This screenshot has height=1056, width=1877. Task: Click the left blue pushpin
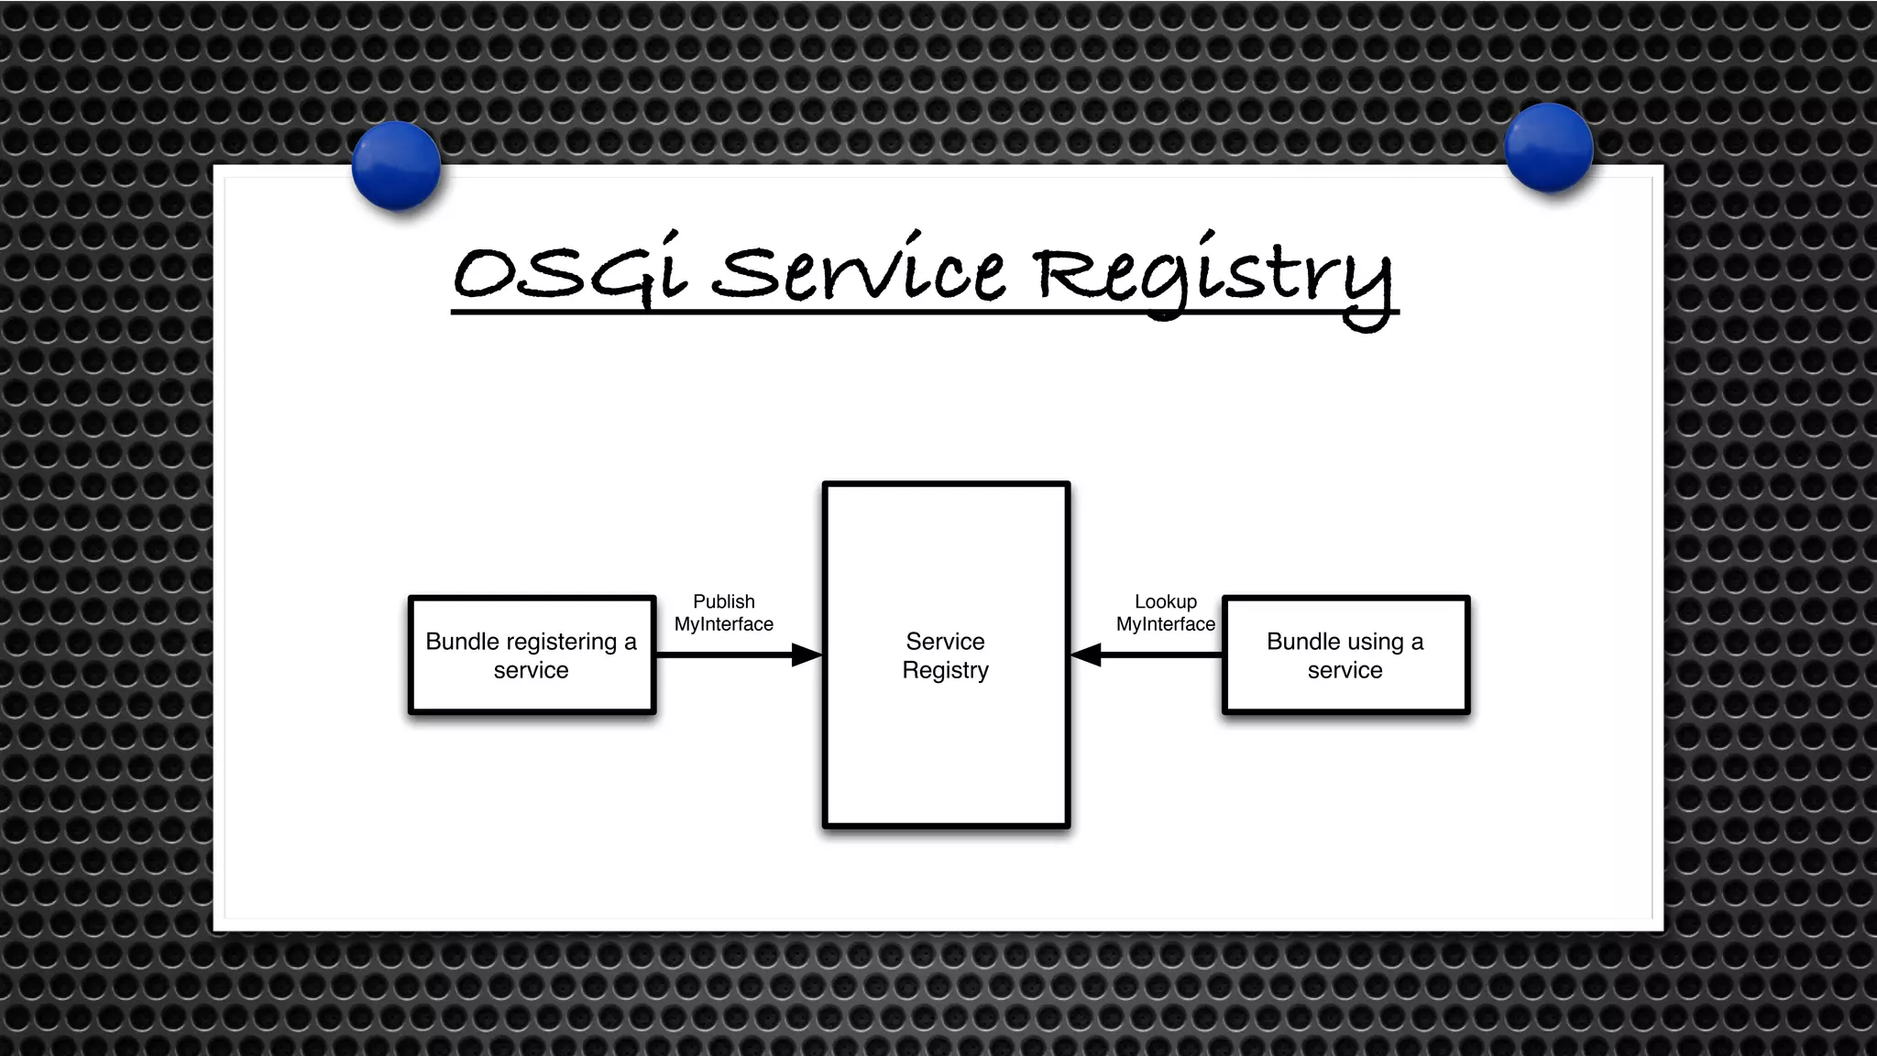point(396,165)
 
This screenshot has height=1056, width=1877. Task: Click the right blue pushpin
point(1549,147)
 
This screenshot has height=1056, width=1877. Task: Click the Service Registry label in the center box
point(945,655)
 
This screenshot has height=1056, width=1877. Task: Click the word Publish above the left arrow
point(723,601)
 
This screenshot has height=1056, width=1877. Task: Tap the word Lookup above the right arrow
point(1165,601)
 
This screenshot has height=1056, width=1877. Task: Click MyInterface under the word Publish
point(723,624)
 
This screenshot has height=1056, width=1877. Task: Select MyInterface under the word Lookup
point(1165,624)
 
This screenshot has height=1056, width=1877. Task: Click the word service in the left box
point(531,670)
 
